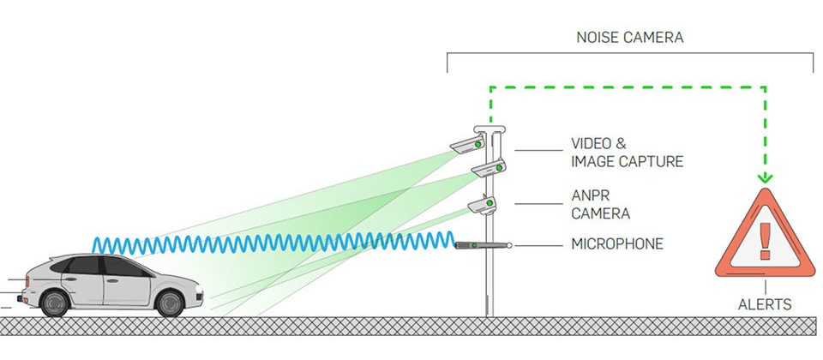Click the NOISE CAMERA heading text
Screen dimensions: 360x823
(630, 39)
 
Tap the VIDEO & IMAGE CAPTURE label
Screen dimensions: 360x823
(627, 153)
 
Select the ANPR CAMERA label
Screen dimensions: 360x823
(601, 205)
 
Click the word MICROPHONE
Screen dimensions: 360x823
(617, 244)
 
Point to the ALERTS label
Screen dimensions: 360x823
(765, 304)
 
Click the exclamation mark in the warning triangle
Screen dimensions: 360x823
(765, 234)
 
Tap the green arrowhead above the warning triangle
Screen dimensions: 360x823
(765, 177)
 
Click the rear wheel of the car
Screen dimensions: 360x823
(55, 302)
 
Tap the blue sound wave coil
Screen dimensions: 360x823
(274, 243)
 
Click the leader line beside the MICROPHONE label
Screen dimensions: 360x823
(538, 245)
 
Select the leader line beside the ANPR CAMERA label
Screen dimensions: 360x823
(538, 204)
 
